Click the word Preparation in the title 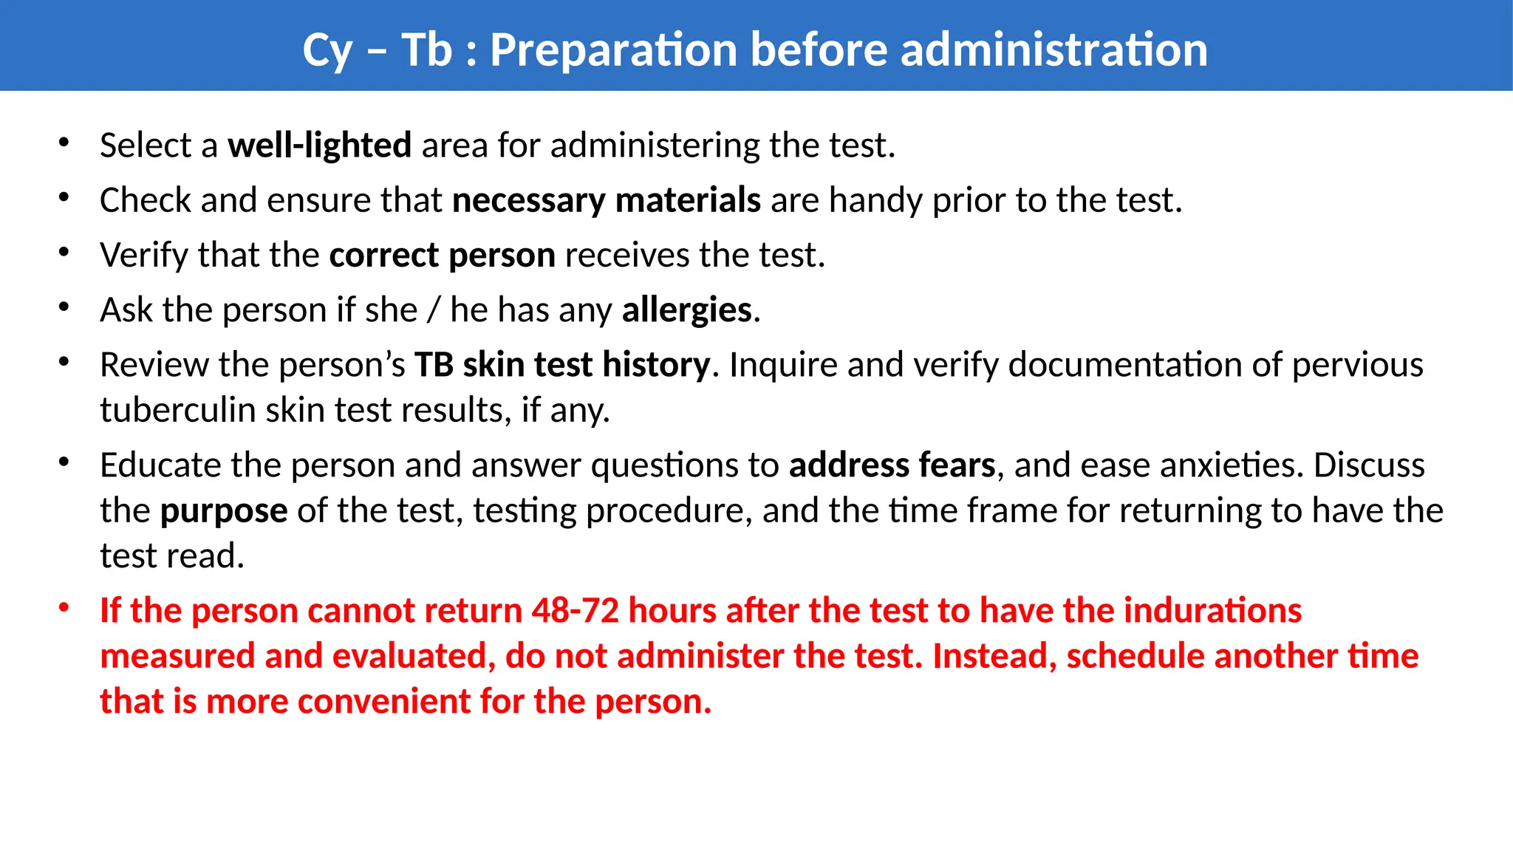coord(614,50)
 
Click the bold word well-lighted coord(319,146)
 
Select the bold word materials coord(688,200)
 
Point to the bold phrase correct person coord(442,256)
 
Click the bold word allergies coord(686,310)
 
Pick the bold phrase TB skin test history coord(561,365)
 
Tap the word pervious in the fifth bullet coord(1357,365)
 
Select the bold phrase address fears coord(892,465)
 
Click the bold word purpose coord(224,511)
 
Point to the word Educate coord(160,465)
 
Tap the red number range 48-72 coord(575,611)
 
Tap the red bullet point coord(64,608)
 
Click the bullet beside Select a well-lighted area coord(64,142)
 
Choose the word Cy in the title coord(327,50)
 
